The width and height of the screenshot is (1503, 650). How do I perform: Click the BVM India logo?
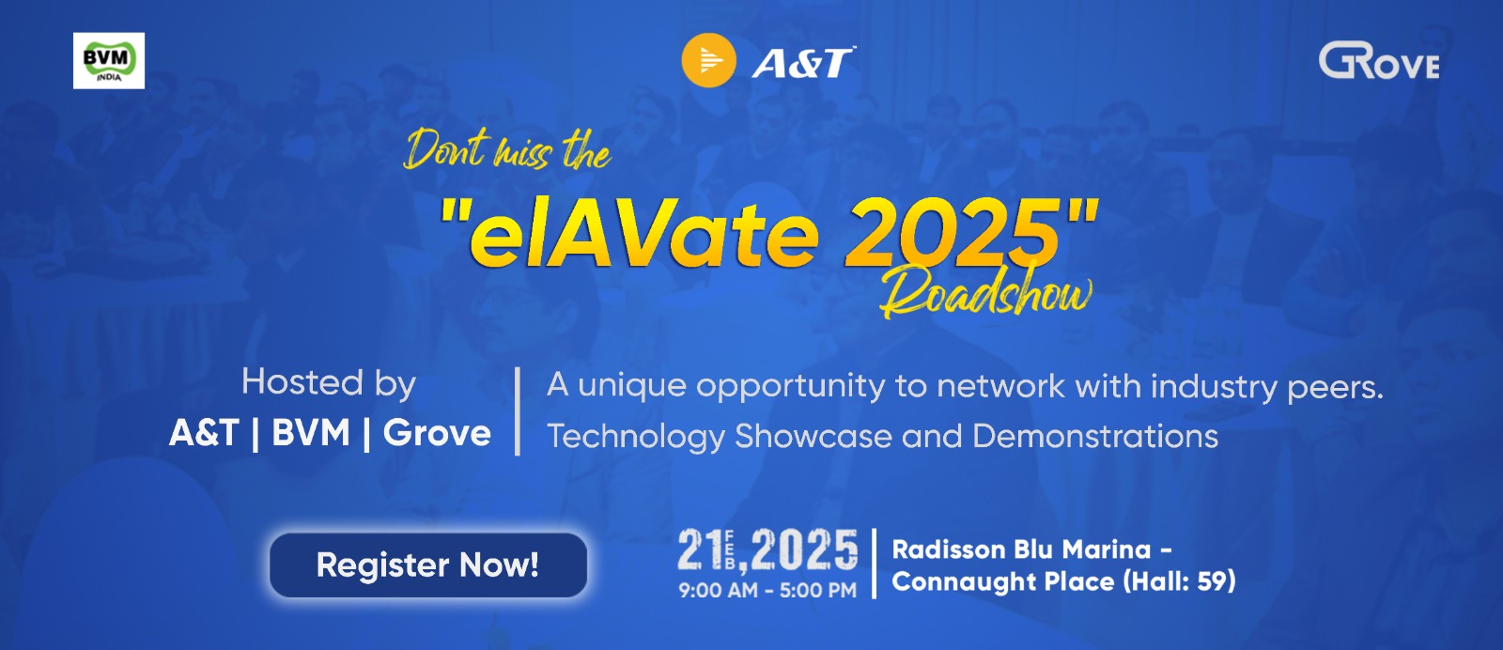(109, 61)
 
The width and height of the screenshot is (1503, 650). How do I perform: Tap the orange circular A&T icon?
(708, 61)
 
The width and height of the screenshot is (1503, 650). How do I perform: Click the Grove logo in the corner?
(1378, 62)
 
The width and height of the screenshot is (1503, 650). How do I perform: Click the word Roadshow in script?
(985, 294)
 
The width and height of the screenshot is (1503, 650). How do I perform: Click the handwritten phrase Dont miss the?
(507, 150)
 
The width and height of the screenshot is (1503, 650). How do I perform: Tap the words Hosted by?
(329, 383)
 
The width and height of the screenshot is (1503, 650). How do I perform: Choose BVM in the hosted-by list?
(311, 433)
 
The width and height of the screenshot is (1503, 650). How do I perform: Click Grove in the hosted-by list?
(437, 433)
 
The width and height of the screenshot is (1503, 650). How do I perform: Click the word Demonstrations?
(1095, 437)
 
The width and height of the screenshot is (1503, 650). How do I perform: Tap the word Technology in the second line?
(636, 437)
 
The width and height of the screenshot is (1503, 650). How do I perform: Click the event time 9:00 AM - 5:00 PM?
(767, 591)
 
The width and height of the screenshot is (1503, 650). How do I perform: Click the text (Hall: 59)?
(1179, 581)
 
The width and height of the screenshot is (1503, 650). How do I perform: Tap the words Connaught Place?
(1002, 581)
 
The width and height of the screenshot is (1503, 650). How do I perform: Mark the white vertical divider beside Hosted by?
(518, 410)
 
